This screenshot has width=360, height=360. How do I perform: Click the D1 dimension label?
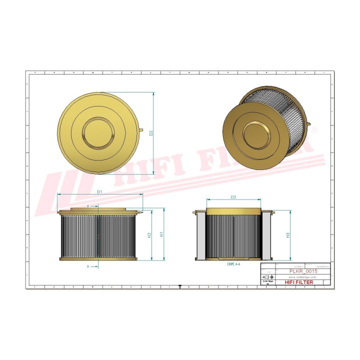pyautogui.click(x=99, y=191)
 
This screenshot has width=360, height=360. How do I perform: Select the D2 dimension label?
pyautogui.click(x=150, y=132)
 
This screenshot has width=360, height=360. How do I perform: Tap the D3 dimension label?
pyautogui.click(x=233, y=197)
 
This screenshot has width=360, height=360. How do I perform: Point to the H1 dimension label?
pyautogui.click(x=161, y=234)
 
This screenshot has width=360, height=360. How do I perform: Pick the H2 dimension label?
pyautogui.click(x=149, y=235)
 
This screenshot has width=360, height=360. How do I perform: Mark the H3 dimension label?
pyautogui.click(x=288, y=235)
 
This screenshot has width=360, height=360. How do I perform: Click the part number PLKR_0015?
pyautogui.click(x=303, y=270)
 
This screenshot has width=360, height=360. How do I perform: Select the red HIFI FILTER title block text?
pyautogui.click(x=299, y=282)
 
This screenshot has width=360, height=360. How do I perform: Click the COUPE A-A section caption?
pyautogui.click(x=233, y=263)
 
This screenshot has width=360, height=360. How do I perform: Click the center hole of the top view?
pyautogui.click(x=98, y=132)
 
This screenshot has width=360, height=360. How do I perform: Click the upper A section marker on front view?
pyautogui.click(x=88, y=205)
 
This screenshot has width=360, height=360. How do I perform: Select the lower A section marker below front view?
pyautogui.click(x=88, y=266)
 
